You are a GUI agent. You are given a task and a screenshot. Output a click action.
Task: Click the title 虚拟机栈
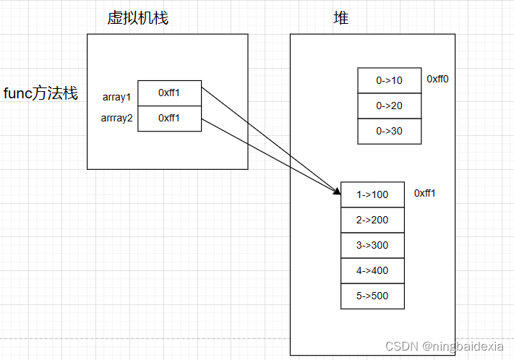(137, 18)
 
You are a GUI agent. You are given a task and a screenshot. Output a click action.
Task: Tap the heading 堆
(340, 18)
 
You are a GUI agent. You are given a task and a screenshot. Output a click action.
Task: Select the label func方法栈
(40, 93)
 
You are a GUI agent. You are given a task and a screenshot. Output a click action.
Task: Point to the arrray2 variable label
(118, 119)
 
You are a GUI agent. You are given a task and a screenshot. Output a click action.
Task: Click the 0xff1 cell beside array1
(169, 93)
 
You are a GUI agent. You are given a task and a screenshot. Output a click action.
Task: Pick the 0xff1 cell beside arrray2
(169, 119)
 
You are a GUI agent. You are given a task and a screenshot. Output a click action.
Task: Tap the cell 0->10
(389, 80)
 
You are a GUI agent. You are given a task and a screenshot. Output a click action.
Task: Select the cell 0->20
(389, 106)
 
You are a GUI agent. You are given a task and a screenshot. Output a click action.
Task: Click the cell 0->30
(389, 131)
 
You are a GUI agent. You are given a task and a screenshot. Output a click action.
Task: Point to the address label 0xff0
(437, 79)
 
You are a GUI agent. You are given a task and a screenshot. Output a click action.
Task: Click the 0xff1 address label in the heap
(425, 194)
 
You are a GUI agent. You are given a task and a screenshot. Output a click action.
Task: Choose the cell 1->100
(372, 194)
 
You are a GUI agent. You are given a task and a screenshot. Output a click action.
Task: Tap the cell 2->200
(372, 220)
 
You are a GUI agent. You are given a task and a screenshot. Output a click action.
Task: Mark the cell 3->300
(372, 245)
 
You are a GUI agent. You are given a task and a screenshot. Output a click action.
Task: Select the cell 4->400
(372, 270)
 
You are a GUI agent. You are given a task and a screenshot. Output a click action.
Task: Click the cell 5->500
(372, 296)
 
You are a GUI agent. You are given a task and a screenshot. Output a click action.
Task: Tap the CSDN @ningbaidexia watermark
(444, 348)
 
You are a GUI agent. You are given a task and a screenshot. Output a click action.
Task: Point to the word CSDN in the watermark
(398, 348)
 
